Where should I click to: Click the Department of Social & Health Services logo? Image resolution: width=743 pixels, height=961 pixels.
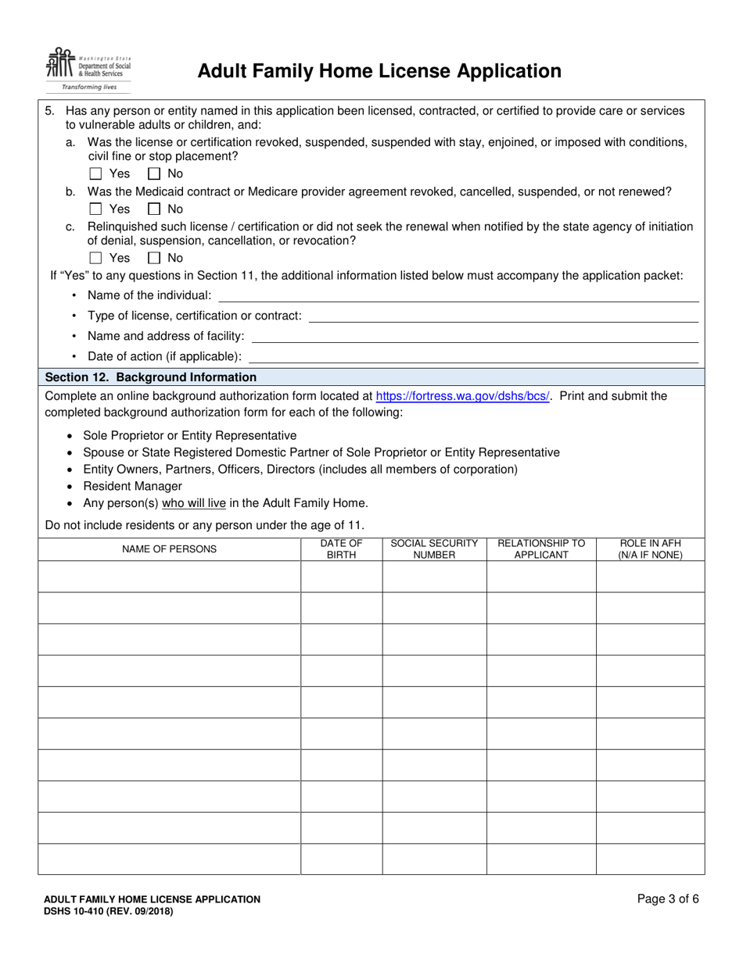[88, 70]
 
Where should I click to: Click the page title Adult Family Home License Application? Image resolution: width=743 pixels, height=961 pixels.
[379, 72]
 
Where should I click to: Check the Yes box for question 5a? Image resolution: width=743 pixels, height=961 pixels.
[96, 173]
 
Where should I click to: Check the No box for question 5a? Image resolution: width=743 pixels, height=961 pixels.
[155, 173]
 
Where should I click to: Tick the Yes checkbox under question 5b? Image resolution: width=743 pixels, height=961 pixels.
[96, 209]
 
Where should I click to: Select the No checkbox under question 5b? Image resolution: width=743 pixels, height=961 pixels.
[155, 209]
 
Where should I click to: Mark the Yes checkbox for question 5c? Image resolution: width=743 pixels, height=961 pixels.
[96, 258]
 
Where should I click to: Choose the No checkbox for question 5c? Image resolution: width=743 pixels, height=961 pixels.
[155, 258]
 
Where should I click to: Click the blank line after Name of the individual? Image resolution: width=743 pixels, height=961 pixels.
[458, 295]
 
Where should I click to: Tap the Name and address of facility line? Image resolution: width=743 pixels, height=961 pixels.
[474, 336]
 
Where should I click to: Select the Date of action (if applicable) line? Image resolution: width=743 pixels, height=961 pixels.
[472, 356]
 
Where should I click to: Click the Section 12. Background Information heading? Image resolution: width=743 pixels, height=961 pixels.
[151, 377]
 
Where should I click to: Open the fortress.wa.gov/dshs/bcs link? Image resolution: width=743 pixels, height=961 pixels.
[462, 396]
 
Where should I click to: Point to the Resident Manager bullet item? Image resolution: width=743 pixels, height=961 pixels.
[132, 486]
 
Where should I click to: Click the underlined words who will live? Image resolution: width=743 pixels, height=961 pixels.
[194, 503]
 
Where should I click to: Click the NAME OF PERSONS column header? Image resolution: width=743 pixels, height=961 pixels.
[169, 549]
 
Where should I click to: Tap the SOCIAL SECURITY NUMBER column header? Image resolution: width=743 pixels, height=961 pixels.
[434, 549]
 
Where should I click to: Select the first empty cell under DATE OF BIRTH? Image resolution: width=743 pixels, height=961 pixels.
[341, 577]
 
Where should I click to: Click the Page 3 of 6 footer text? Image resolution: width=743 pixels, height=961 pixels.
[668, 899]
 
